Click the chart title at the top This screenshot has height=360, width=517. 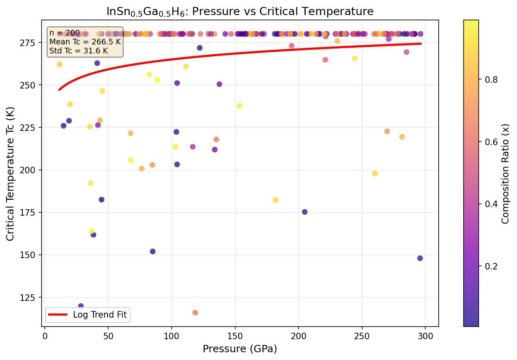[x=240, y=11]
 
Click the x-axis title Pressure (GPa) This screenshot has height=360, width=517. [x=240, y=349]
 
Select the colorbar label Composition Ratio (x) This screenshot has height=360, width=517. [x=506, y=173]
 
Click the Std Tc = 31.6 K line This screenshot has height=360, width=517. [x=78, y=51]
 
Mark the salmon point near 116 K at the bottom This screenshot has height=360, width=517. [x=195, y=313]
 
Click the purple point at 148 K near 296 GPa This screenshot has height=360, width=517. [x=420, y=258]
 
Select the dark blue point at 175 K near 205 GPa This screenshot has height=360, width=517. [x=305, y=212]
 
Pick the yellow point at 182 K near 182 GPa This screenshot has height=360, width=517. [x=275, y=200]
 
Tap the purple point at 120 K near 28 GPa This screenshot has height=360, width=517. [x=81, y=306]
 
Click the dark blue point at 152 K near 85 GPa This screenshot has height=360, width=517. [x=152, y=252]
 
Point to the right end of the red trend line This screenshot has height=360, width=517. [x=420, y=44]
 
